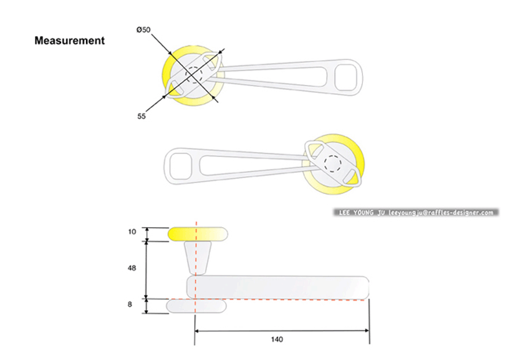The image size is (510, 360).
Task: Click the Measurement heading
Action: [69, 41]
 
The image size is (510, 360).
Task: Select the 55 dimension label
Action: [142, 116]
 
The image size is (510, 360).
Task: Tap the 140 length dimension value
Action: [277, 339]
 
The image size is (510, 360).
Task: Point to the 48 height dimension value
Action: [131, 268]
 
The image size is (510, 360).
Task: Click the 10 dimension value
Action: [132, 232]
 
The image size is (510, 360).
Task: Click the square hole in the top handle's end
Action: [347, 78]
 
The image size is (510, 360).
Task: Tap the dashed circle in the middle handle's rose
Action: [333, 164]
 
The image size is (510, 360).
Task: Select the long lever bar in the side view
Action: [277, 287]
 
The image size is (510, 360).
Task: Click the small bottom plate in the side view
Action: [197, 306]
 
